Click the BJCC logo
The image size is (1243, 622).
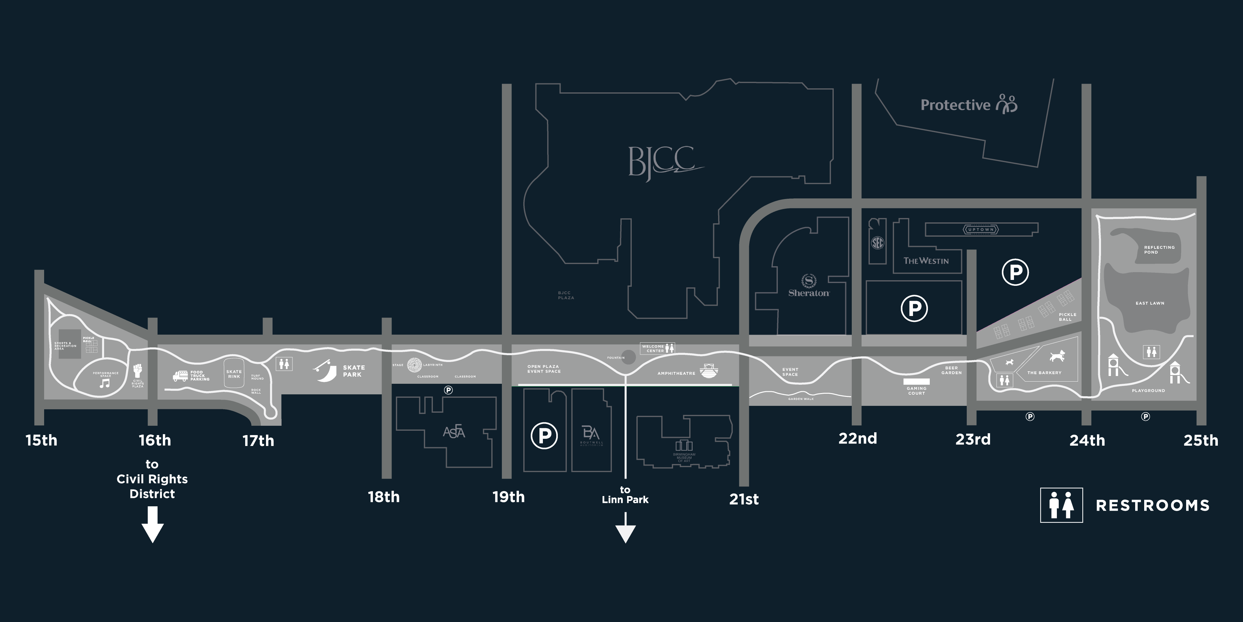coord(663,162)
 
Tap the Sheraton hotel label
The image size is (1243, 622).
coord(809,293)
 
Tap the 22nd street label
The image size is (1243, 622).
coord(857,439)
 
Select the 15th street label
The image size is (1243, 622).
coord(41,440)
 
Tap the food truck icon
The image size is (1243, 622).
coord(180,376)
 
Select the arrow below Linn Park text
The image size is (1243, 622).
coord(625,529)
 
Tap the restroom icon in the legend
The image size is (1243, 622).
coord(1061,505)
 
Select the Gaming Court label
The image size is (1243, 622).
coord(916,391)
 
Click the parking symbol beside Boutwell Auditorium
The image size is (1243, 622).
coord(544,436)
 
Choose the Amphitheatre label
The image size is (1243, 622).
coord(676,373)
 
